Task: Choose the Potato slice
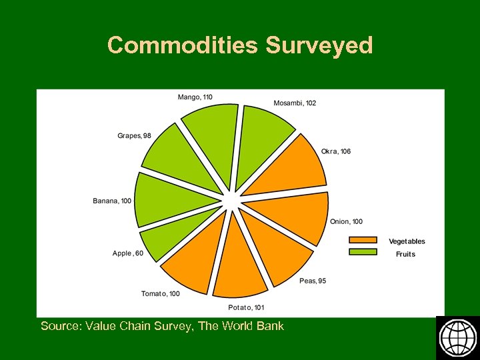(239, 264)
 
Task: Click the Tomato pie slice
(197, 257)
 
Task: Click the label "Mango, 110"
(195, 97)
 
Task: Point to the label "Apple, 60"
(128, 253)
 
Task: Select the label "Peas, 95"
(313, 281)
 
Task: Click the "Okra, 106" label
(336, 151)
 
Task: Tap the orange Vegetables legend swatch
(363, 241)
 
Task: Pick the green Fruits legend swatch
(363, 252)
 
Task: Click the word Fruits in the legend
(405, 254)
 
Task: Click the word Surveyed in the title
(319, 45)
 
